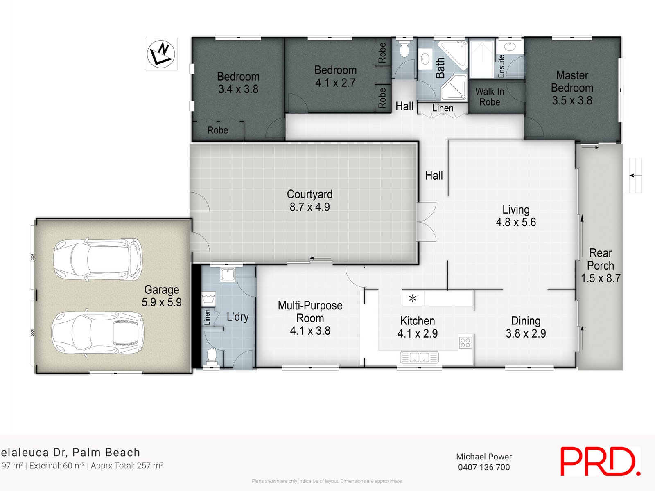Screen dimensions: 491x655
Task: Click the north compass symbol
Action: (161, 54)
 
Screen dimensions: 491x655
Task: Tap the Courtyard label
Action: (309, 194)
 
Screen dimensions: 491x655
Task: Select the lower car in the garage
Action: (98, 333)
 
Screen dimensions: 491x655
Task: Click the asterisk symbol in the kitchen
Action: (413, 299)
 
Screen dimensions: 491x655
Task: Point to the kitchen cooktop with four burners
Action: (465, 342)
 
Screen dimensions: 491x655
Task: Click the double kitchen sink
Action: (419, 357)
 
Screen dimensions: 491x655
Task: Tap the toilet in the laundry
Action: (212, 356)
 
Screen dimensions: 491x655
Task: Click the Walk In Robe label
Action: (490, 97)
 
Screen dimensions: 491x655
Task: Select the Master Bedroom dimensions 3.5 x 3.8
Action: (572, 101)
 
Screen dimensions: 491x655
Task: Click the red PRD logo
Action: (600, 462)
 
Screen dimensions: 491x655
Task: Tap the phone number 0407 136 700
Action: (484, 467)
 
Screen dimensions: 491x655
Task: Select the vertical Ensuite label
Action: (501, 66)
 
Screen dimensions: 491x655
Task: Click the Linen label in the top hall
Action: (443, 108)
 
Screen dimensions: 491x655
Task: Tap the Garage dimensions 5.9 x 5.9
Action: (161, 302)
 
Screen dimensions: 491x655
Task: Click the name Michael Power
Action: (484, 457)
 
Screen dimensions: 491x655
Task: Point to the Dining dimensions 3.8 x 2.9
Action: (526, 333)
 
